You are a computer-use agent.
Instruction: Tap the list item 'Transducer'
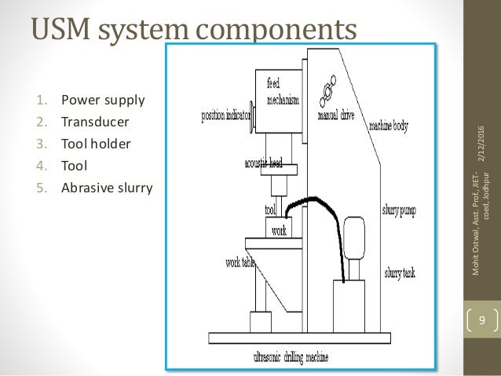pyautogui.click(x=95, y=122)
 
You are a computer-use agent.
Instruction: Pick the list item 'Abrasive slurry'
pyautogui.click(x=106, y=188)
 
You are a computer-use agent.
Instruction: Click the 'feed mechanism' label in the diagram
pyautogui.click(x=283, y=89)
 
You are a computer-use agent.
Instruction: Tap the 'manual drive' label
pyautogui.click(x=335, y=115)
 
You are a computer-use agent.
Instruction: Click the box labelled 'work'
pyautogui.click(x=279, y=231)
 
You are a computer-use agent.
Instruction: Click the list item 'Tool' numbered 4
pyautogui.click(x=77, y=166)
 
